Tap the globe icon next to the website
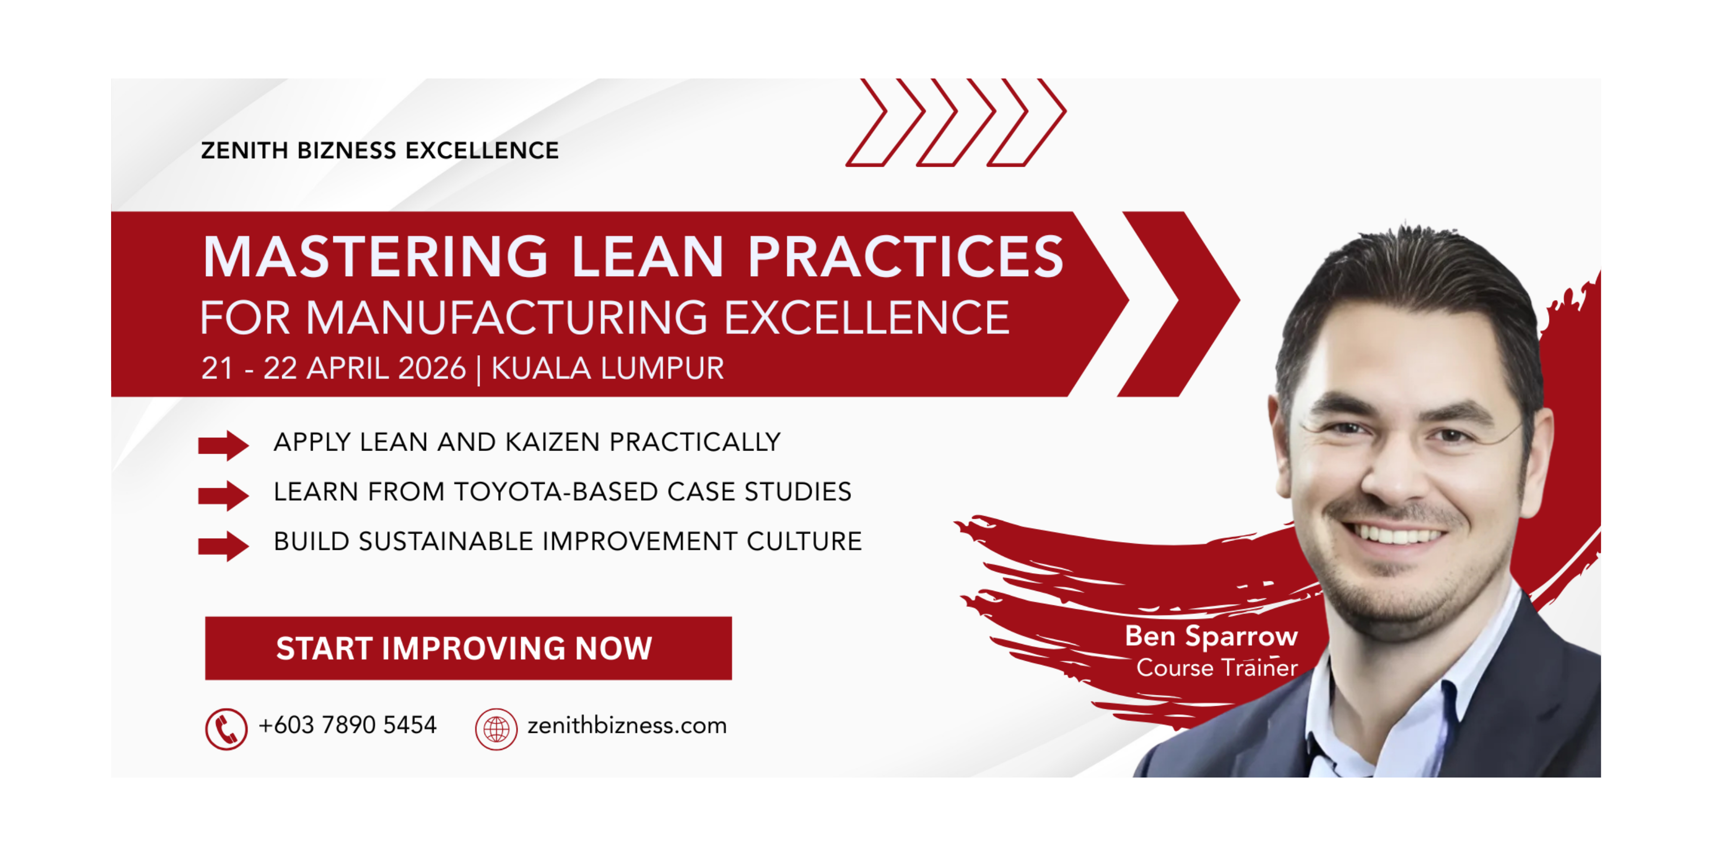(x=496, y=729)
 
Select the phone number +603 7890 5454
(x=347, y=725)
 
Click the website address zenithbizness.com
(x=627, y=725)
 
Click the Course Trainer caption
(x=1217, y=667)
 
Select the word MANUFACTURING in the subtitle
(x=506, y=317)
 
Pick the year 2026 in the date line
(x=433, y=368)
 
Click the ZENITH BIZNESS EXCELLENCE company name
(x=380, y=150)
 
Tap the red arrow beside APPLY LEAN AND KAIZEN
(x=223, y=445)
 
